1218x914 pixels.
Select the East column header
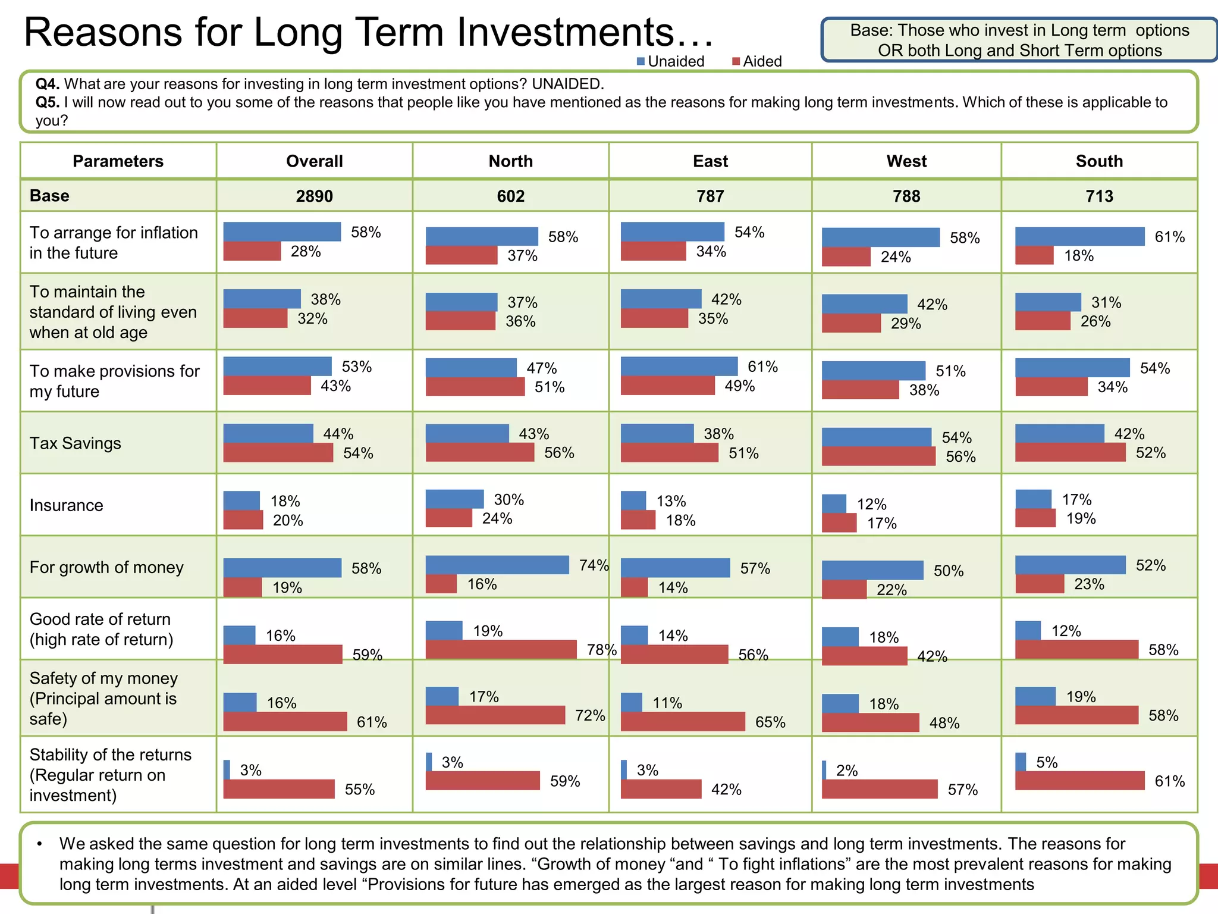tap(710, 161)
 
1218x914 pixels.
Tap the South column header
tap(1099, 161)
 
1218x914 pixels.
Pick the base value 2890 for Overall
tap(314, 196)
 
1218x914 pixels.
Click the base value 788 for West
tap(906, 196)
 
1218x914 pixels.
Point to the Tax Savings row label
tap(76, 443)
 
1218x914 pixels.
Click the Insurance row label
tap(67, 505)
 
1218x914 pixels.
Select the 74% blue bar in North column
tap(497, 565)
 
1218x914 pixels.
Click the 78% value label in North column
tap(601, 650)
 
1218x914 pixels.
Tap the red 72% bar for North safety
tap(495, 715)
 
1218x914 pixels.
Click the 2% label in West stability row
tap(846, 771)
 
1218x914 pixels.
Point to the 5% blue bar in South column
tap(1021, 762)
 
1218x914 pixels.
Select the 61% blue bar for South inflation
tap(1079, 236)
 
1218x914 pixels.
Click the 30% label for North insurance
tap(508, 499)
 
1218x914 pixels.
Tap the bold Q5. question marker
tap(48, 102)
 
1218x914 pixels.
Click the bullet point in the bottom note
tap(40, 844)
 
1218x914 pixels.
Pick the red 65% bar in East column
tap(683, 722)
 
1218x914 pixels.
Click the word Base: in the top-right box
tap(871, 30)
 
